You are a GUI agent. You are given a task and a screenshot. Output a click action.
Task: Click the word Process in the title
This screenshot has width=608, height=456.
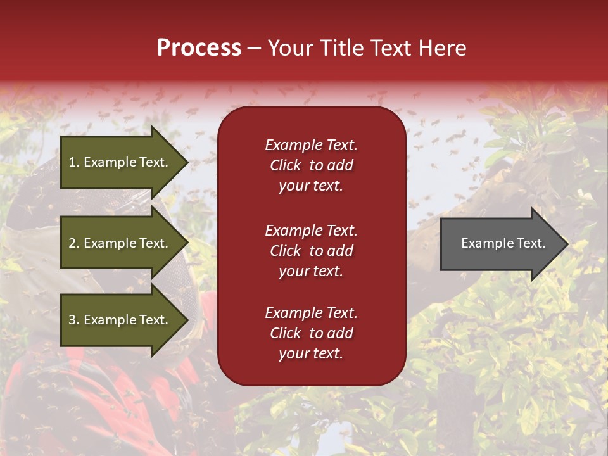[x=199, y=48]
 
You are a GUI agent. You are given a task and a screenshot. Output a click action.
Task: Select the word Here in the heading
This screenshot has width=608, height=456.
[x=442, y=48]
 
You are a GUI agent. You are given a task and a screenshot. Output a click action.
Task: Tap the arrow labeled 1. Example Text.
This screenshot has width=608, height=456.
[x=120, y=162]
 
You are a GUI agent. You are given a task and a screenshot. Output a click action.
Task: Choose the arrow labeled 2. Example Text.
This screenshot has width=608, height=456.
[x=120, y=243]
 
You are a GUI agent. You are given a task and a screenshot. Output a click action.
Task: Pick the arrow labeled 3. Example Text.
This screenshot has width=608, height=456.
[x=120, y=320]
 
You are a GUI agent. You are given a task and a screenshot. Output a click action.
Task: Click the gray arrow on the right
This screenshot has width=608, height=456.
[x=500, y=244]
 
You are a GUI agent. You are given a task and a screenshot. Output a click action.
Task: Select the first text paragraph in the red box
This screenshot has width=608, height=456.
[x=311, y=165]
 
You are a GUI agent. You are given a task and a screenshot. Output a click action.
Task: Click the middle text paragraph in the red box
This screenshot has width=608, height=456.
[x=311, y=251]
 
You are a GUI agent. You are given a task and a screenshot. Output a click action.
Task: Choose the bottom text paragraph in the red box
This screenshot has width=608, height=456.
[x=311, y=333]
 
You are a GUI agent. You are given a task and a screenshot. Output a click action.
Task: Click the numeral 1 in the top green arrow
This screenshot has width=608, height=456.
[x=72, y=162]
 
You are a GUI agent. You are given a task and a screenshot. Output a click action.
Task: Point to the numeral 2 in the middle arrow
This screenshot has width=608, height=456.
[x=72, y=243]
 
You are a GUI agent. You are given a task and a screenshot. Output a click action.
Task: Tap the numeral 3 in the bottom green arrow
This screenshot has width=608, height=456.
[x=72, y=320]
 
